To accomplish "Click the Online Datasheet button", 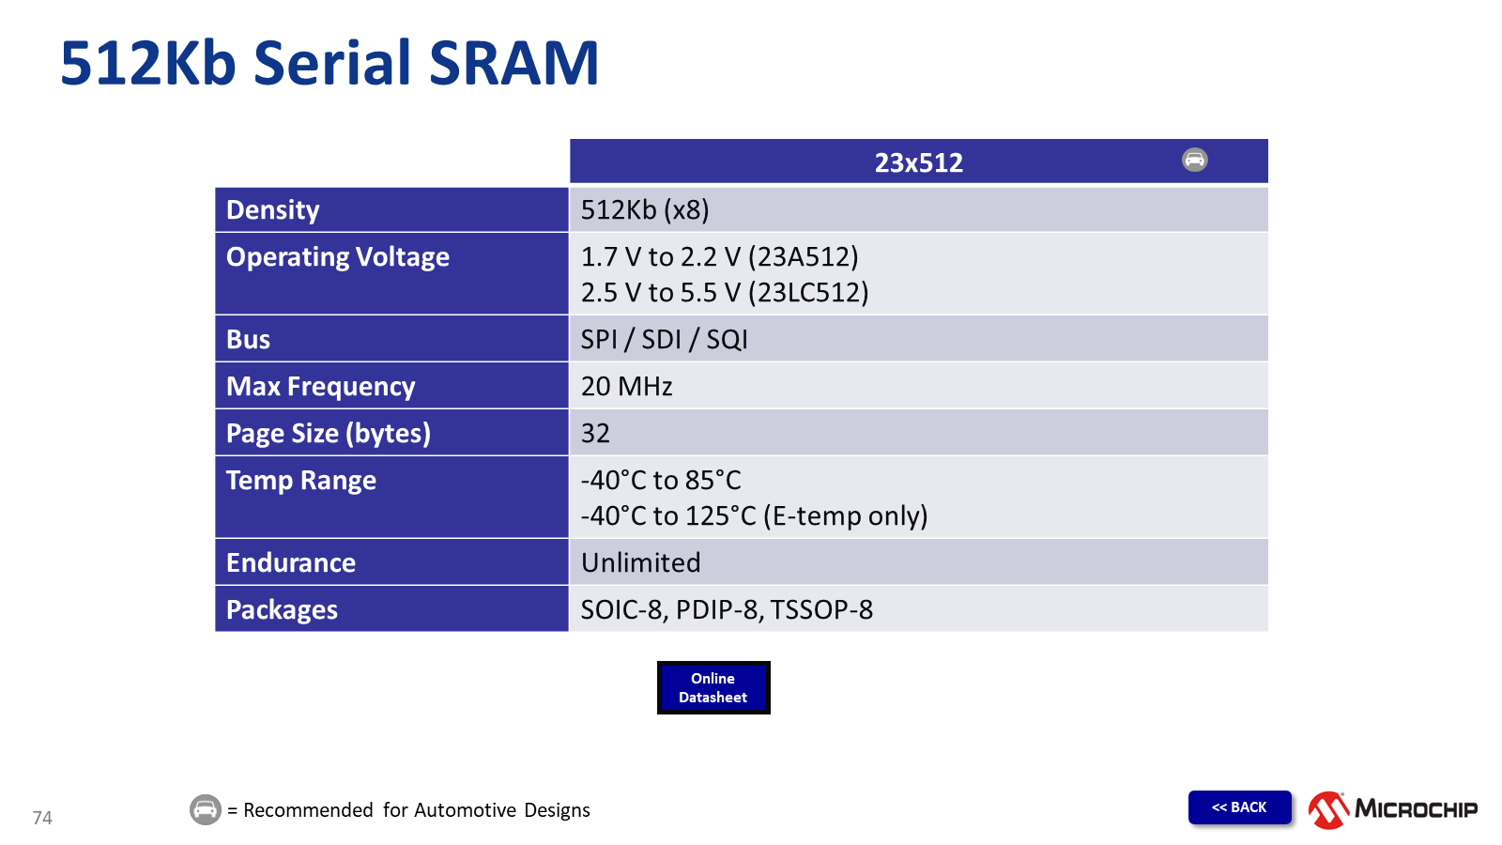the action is (713, 687).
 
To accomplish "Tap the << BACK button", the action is (1239, 807).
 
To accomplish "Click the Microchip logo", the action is (1393, 809).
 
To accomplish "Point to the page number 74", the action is (42, 818).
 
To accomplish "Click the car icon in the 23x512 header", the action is (1194, 160).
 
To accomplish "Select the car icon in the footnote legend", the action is (206, 809).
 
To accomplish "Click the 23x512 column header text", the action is (919, 162).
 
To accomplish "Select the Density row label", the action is (272, 210).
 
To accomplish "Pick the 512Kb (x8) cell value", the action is (644, 210).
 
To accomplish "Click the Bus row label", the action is (248, 339).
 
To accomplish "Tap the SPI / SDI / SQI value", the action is (664, 339).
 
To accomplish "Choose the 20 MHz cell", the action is (626, 386).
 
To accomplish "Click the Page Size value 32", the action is (595, 433).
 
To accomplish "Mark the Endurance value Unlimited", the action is (640, 562).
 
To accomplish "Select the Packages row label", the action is (282, 609).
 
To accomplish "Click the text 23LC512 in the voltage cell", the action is (808, 292).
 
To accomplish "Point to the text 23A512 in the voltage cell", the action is (804, 257).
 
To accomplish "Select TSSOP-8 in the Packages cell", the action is (821, 609).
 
